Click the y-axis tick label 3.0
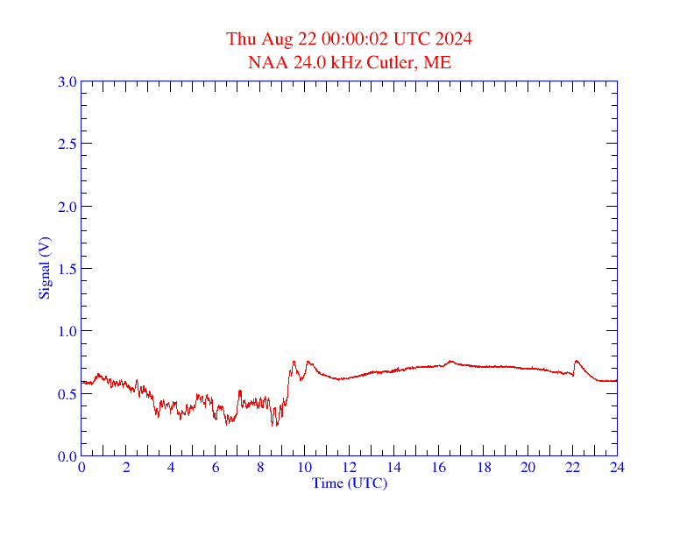(x=67, y=81)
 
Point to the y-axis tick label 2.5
(x=67, y=144)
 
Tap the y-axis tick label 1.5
(x=67, y=269)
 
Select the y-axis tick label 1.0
(x=67, y=331)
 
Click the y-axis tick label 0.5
(x=67, y=393)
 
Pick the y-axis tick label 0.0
(x=67, y=456)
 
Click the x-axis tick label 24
(x=617, y=468)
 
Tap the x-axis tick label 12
(x=349, y=468)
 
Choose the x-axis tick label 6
(x=216, y=468)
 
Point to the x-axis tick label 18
(x=483, y=468)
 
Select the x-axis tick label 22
(x=572, y=468)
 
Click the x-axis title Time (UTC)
(x=349, y=483)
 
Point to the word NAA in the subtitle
(x=266, y=63)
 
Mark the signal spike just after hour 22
(x=576, y=361)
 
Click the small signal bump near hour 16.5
(x=450, y=361)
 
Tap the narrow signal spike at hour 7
(x=240, y=391)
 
